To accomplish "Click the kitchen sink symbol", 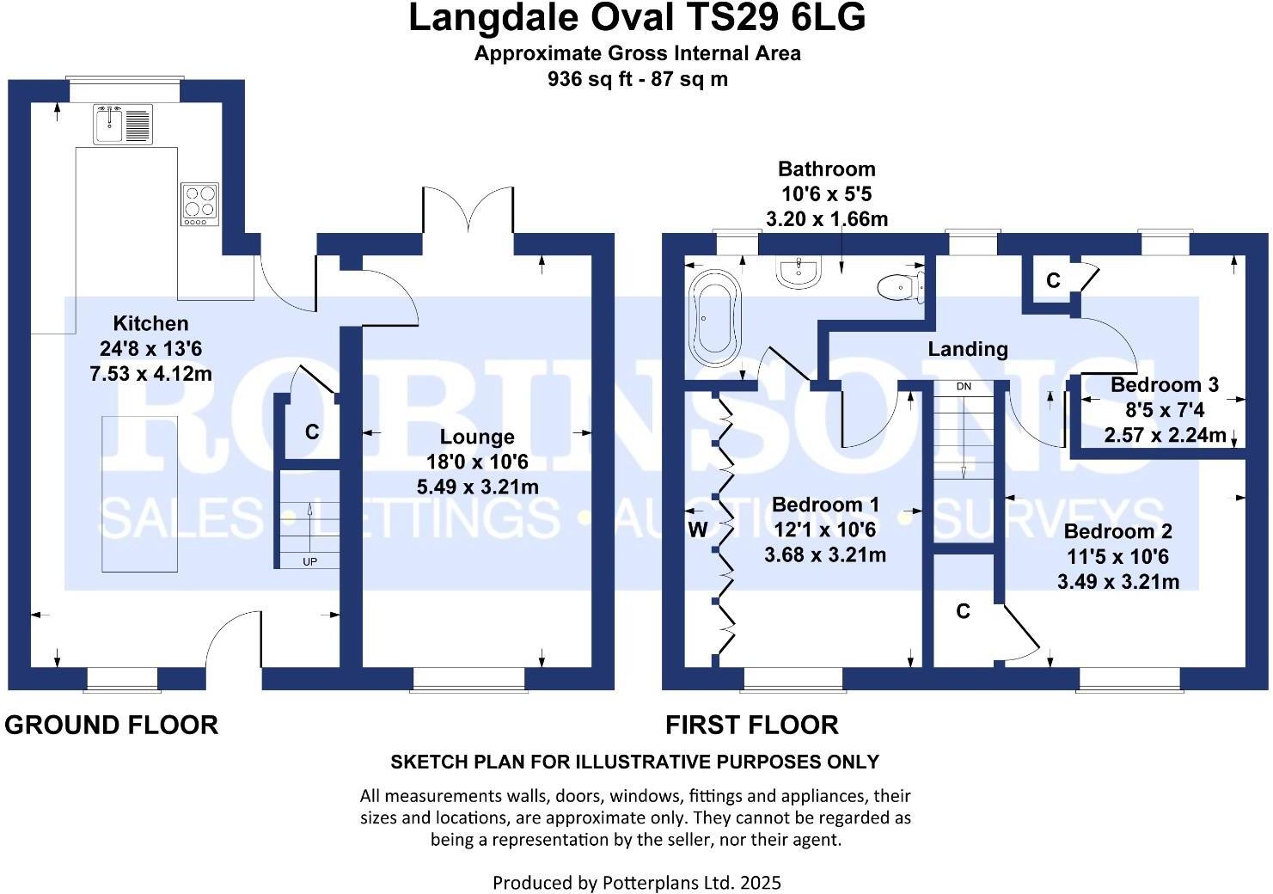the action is click(123, 124).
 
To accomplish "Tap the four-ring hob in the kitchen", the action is click(199, 204).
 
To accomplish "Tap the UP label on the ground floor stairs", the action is click(309, 561).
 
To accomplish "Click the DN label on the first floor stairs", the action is click(964, 387).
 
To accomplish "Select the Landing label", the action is click(968, 349).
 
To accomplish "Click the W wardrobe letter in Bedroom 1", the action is click(697, 530).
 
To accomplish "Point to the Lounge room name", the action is click(477, 437).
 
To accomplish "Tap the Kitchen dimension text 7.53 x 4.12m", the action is click(150, 373).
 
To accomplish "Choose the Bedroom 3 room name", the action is click(1165, 385).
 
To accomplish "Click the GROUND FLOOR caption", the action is click(112, 726).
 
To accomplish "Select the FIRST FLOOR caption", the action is click(752, 726).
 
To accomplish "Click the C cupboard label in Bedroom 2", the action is click(963, 611).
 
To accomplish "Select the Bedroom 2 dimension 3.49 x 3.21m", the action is click(1118, 581).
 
